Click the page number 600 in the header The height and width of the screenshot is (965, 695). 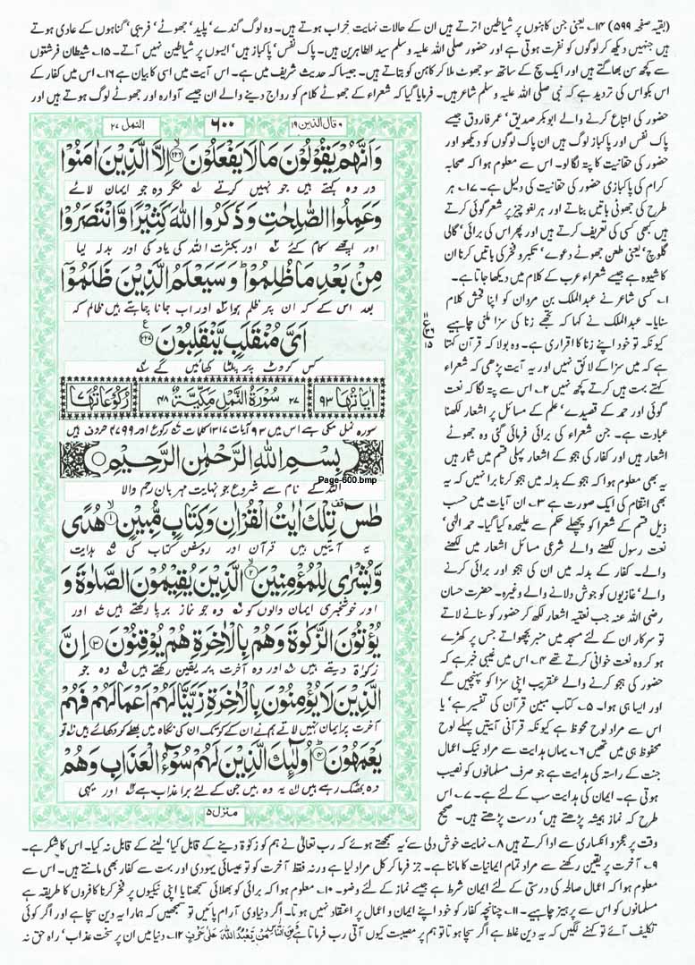point(223,123)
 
